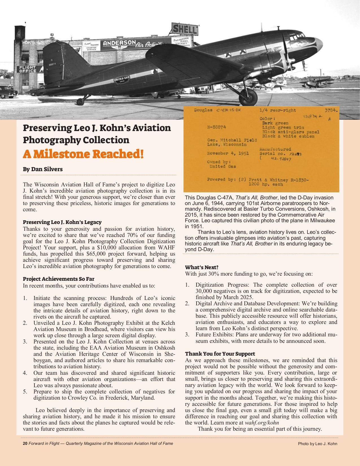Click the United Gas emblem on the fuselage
click(122, 80)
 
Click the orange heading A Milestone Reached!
click(83, 154)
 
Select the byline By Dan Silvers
click(43, 169)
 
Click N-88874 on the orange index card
click(217, 127)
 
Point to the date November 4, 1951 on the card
click(228, 153)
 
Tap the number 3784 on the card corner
click(331, 110)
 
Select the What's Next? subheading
click(202, 267)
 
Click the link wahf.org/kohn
click(262, 423)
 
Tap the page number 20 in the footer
click(25, 443)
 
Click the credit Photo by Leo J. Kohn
click(317, 444)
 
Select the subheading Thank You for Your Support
click(220, 354)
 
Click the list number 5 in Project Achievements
click(25, 392)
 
